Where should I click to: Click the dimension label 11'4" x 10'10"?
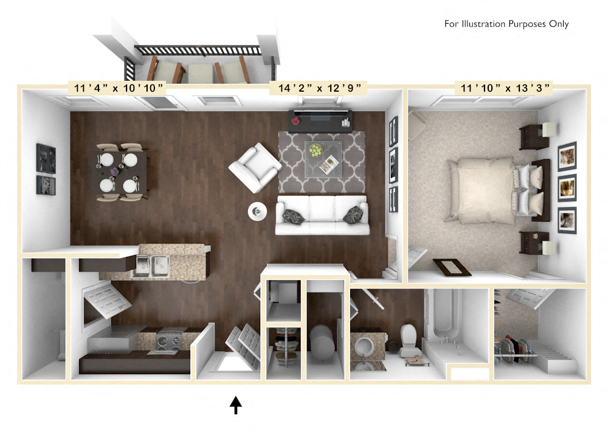(116, 89)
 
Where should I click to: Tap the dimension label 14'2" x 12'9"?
(319, 89)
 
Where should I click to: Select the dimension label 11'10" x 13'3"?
(505, 89)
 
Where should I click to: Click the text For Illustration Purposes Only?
(506, 24)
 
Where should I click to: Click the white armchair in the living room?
(255, 168)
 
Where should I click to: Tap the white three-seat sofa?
(322, 215)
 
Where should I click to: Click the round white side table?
(257, 211)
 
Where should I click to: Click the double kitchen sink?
(151, 266)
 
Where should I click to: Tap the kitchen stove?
(170, 341)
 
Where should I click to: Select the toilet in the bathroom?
(408, 340)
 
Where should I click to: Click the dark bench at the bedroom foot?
(452, 267)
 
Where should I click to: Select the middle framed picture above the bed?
(567, 187)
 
